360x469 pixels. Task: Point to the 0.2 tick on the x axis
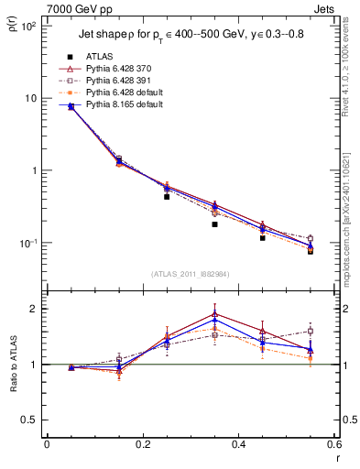(142, 444)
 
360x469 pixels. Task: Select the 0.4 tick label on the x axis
(238, 444)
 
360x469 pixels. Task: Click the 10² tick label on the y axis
(28, 26)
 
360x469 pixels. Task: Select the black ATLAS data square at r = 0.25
(167, 196)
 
